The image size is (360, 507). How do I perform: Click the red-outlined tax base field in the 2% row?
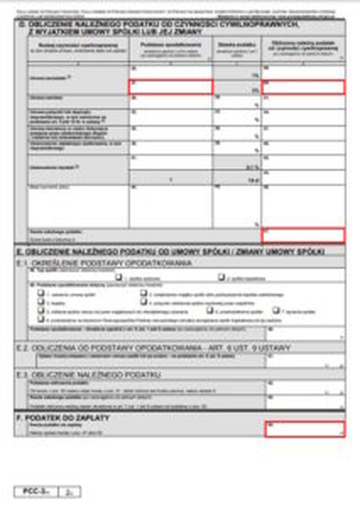171,87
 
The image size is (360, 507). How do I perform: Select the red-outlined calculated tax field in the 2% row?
303,87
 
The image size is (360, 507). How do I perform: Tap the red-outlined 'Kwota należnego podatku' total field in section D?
303,235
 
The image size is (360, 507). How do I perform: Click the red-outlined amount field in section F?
304,428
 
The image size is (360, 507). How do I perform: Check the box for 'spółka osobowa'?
118,276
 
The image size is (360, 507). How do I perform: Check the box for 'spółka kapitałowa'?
221,276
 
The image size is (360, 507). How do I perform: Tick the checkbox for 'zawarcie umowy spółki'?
40,293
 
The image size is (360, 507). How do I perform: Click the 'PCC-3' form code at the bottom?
35,492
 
